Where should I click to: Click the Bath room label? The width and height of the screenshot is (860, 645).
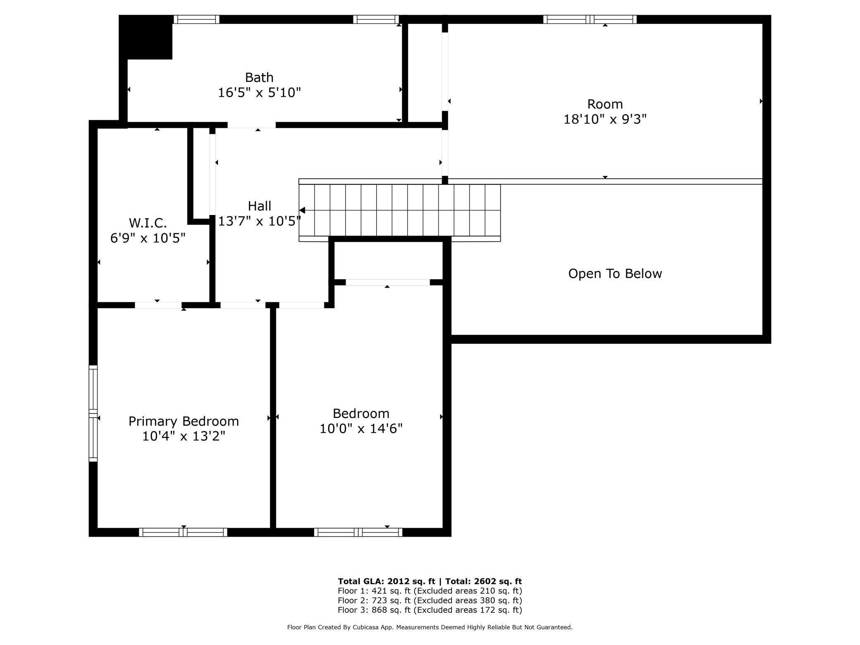[x=259, y=77]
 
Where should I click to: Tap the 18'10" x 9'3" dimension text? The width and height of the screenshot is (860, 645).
[x=605, y=119]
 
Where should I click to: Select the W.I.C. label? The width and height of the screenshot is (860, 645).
[x=148, y=223]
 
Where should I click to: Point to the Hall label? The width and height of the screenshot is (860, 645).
[x=259, y=206]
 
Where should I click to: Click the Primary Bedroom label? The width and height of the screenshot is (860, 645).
[x=184, y=421]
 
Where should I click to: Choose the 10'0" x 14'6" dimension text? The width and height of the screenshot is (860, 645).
[x=361, y=428]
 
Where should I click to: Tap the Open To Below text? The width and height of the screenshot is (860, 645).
[x=615, y=274]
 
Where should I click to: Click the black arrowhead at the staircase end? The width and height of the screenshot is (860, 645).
[x=302, y=210]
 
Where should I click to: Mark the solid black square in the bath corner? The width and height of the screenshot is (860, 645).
[x=146, y=37]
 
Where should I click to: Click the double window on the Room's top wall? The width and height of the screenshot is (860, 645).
[x=590, y=19]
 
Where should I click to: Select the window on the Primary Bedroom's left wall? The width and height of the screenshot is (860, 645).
[x=93, y=413]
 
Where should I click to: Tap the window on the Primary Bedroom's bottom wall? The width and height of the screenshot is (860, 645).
[x=183, y=532]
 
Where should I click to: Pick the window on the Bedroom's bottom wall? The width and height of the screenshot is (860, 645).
[x=358, y=532]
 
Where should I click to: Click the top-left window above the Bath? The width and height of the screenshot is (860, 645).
[x=196, y=19]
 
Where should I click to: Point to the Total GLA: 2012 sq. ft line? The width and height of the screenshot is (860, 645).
[x=430, y=581]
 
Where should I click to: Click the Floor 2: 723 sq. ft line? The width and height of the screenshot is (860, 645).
[x=430, y=600]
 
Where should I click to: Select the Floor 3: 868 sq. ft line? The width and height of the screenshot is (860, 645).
[x=430, y=610]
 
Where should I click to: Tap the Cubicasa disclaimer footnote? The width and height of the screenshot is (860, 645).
[x=430, y=627]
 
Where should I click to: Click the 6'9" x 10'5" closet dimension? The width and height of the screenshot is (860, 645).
[x=148, y=238]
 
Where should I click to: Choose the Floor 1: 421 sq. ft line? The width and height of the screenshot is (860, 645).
[x=430, y=591]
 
